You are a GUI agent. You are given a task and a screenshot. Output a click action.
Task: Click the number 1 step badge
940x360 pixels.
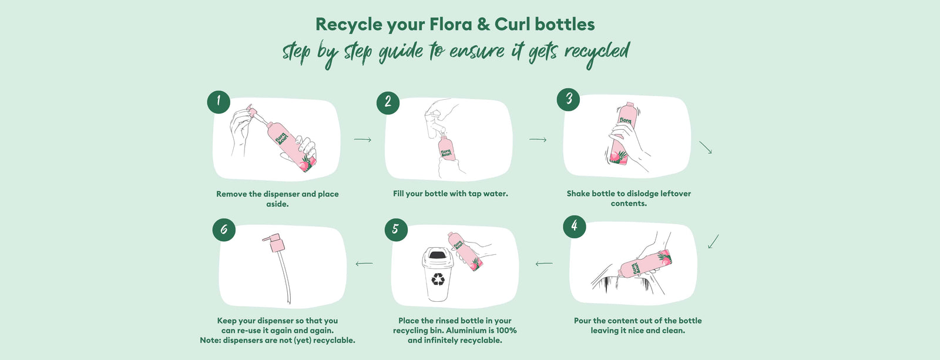pos(219,102)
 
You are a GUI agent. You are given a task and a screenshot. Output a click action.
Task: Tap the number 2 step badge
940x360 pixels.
pos(388,102)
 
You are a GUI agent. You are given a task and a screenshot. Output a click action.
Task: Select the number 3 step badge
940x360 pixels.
pos(568,99)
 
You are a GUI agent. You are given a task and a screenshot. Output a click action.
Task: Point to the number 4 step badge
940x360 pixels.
pos(574,227)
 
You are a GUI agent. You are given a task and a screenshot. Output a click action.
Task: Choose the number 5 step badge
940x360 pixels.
pos(396,230)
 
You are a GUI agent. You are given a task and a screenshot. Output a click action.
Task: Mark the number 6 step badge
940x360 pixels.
pos(224,230)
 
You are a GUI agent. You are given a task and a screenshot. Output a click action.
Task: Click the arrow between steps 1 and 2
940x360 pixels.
pos(362,139)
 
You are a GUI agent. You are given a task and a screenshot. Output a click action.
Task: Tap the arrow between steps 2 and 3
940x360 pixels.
pos(538,139)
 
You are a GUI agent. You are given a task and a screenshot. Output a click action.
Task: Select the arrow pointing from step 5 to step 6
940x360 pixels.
pos(364,264)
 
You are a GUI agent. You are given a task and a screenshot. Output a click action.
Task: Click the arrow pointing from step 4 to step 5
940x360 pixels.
pos(544,264)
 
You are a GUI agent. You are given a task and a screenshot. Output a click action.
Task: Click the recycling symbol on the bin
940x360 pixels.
pos(438,279)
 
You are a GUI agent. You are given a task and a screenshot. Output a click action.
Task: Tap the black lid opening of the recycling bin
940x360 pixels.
pos(437,254)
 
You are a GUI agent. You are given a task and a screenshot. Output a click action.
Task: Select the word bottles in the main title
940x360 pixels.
pos(565,24)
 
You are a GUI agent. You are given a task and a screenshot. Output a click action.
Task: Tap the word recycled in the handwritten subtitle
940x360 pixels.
pos(597,53)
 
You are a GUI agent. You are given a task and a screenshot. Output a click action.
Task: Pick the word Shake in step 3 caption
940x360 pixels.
pos(578,193)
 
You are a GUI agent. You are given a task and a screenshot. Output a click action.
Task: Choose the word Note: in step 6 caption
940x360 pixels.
pos(210,340)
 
